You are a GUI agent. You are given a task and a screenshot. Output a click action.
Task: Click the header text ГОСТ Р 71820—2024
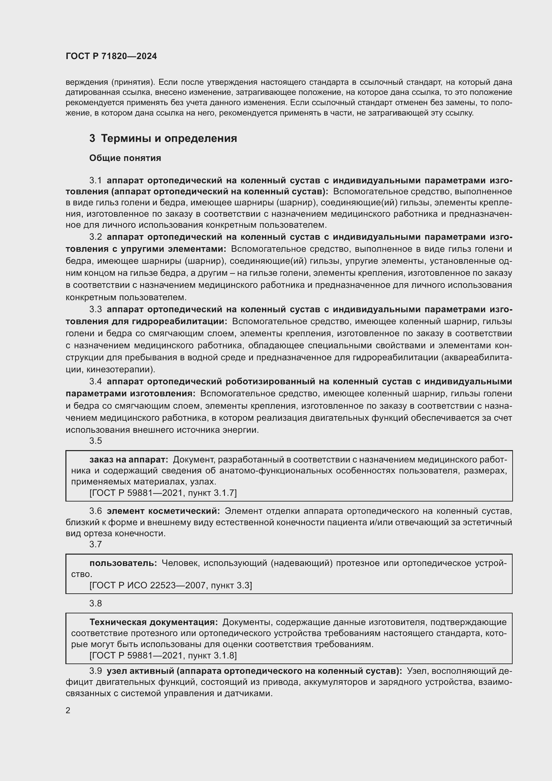111,56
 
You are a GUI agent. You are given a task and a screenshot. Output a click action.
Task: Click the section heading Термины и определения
169,139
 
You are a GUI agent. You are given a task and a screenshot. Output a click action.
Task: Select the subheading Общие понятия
125,158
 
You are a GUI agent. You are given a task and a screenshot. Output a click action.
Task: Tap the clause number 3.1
95,181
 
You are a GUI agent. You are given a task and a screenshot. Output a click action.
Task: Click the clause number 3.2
95,237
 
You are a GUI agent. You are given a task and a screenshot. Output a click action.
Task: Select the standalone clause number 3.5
95,441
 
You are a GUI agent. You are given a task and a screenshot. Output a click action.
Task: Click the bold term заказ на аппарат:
129,460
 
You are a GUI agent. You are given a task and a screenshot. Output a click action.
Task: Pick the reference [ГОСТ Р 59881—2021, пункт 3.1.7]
163,493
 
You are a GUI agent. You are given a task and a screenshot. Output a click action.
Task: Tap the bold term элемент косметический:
164,511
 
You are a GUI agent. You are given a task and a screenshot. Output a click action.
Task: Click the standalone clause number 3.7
95,544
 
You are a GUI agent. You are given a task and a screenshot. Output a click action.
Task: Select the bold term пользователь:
123,563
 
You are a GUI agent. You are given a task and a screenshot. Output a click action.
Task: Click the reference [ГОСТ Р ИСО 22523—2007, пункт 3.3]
171,585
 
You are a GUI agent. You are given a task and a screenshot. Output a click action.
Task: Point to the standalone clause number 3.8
95,603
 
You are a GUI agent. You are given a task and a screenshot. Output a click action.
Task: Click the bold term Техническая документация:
154,622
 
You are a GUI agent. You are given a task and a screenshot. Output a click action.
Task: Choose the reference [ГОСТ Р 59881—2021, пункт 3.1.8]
163,655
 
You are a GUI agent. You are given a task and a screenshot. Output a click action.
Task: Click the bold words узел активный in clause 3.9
140,671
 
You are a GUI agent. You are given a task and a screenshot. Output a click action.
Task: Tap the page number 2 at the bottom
68,711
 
